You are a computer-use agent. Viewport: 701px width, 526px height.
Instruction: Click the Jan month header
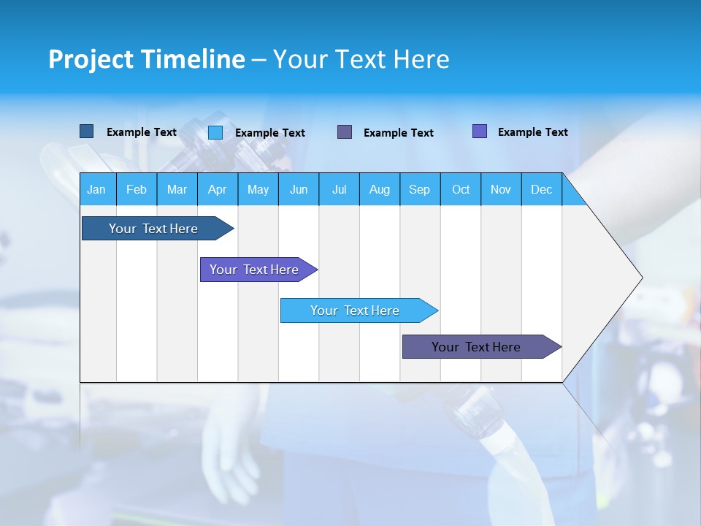96,189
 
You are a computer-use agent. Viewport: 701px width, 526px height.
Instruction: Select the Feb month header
137,189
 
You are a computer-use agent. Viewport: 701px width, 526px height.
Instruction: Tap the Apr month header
218,189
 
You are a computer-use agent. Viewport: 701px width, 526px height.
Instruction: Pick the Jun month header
299,189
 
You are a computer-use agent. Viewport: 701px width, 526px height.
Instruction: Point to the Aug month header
380,189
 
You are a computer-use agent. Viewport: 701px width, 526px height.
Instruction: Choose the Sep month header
420,189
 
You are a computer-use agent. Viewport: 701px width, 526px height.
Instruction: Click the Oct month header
461,189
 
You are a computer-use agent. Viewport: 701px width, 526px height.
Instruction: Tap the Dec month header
542,189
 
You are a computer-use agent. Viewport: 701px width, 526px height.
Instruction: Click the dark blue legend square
87,131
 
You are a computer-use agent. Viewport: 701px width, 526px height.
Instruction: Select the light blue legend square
215,132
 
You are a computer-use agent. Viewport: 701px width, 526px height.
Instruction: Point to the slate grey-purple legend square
345,132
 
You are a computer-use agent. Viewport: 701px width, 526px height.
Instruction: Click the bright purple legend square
480,131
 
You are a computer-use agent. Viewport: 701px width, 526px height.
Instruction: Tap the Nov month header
501,189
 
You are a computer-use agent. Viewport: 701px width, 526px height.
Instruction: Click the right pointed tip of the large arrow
639,278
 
